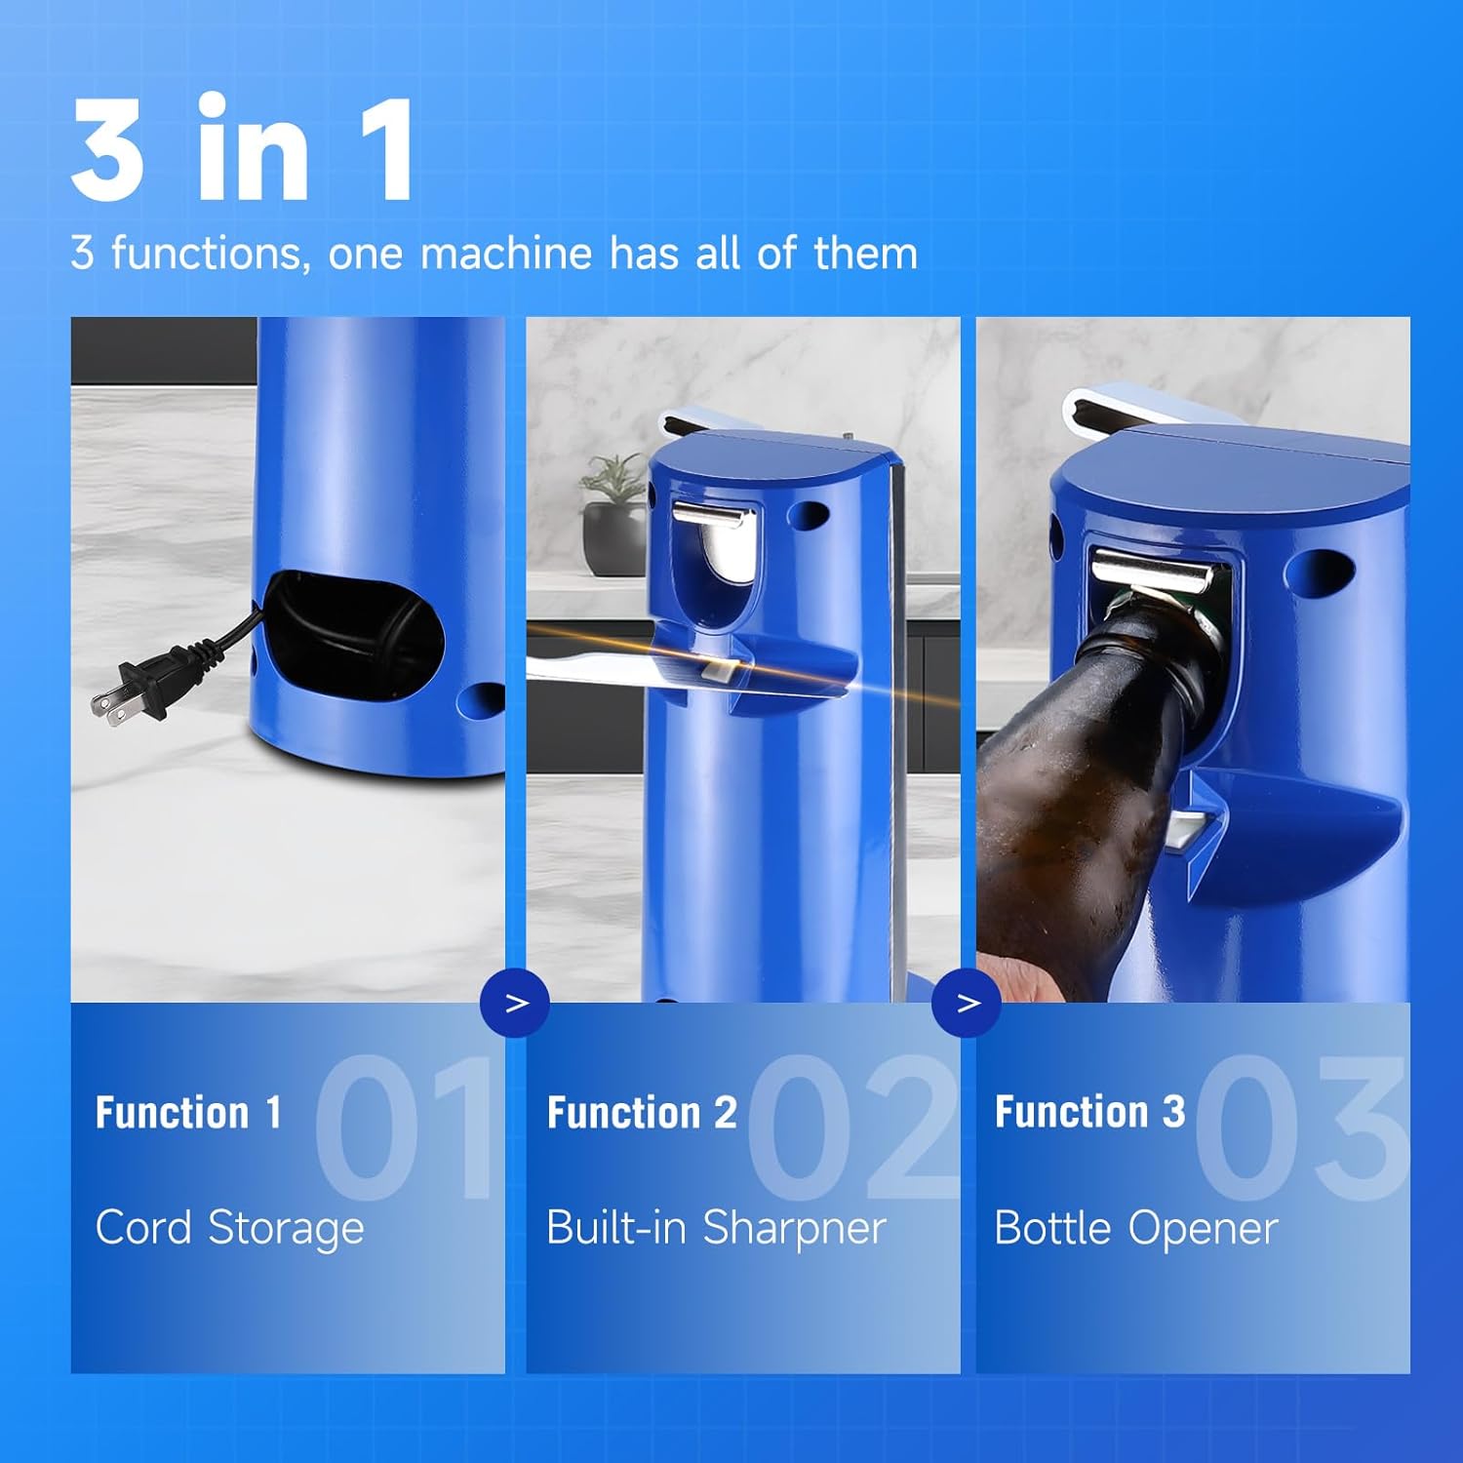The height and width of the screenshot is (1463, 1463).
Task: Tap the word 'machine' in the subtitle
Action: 505,254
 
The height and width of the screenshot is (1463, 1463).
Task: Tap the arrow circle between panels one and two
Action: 516,1003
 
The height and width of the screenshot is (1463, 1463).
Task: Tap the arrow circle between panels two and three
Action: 967,1003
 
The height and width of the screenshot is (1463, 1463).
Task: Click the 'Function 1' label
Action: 188,1113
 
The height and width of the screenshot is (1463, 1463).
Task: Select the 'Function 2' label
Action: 641,1113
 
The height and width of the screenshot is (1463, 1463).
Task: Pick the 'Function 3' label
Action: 1089,1112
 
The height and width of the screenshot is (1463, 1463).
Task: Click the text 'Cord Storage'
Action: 229,1228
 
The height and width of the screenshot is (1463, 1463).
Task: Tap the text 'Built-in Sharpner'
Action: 716,1228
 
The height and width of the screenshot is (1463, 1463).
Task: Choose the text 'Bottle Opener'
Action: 1135,1228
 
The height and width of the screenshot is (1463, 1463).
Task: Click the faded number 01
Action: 405,1127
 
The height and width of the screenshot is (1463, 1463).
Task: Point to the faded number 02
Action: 850,1127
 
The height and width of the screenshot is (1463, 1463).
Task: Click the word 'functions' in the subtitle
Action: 207,254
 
